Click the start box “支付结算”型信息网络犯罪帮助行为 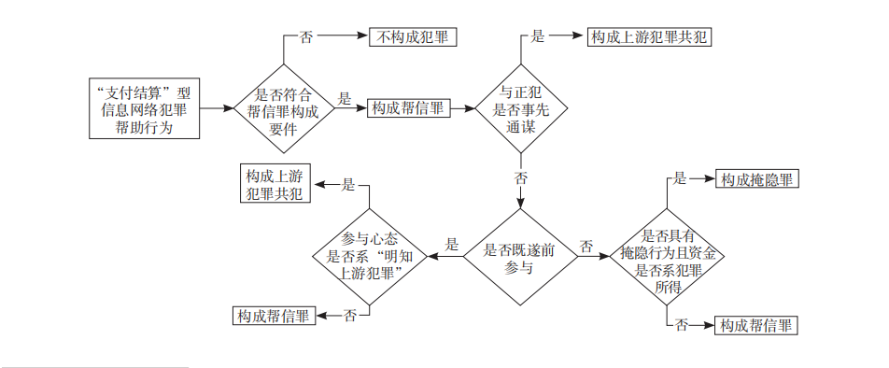tap(143, 109)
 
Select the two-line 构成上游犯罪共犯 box tap(274, 185)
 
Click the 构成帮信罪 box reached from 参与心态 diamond tap(274, 316)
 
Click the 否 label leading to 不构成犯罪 tap(306, 37)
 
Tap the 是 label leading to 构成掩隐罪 tap(681, 178)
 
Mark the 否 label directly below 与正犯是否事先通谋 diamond tap(521, 177)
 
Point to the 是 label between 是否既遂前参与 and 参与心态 tap(452, 246)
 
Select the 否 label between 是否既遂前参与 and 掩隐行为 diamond tap(586, 247)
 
